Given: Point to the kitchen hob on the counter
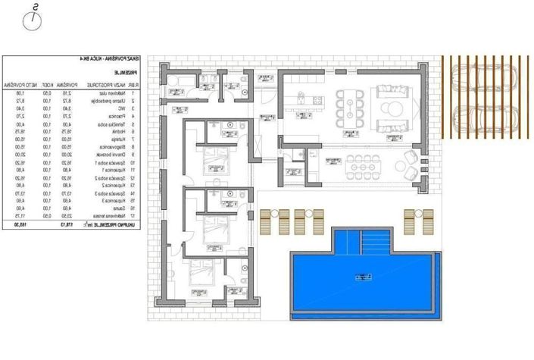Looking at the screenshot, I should (x=302, y=96).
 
